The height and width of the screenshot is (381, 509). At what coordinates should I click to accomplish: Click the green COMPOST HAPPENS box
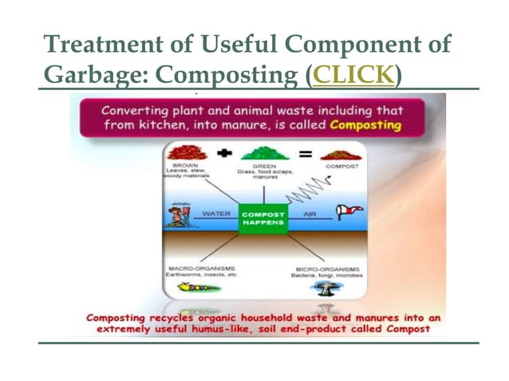pos(262,218)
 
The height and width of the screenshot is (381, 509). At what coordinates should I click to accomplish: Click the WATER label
pos(215,214)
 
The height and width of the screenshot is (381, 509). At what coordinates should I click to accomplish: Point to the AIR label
pos(308,214)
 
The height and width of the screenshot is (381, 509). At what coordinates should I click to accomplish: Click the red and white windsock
pos(349,213)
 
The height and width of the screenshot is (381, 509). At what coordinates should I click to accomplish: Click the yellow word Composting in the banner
pos(365,125)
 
